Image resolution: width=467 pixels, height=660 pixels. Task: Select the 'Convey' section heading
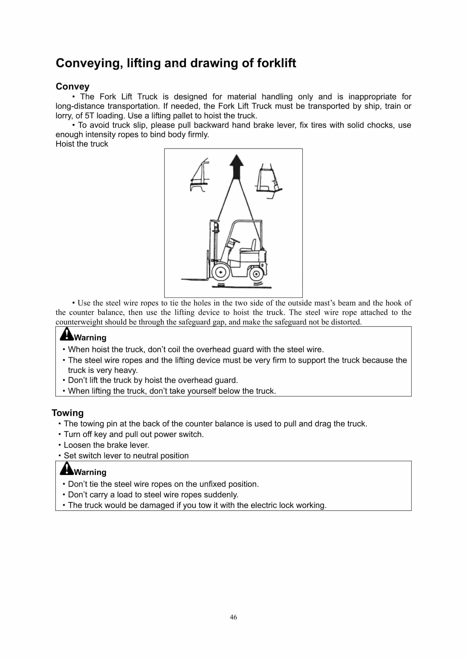point(73,86)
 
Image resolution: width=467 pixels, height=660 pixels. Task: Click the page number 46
point(233,617)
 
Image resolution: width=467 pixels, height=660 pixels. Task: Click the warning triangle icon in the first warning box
point(66,334)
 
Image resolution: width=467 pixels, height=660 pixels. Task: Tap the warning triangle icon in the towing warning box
point(66,469)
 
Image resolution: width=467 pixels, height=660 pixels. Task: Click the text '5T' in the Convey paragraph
point(89,116)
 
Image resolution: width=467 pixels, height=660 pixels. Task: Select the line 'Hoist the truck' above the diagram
point(82,144)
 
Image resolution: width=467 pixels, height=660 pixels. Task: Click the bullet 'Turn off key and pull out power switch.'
point(134,434)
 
